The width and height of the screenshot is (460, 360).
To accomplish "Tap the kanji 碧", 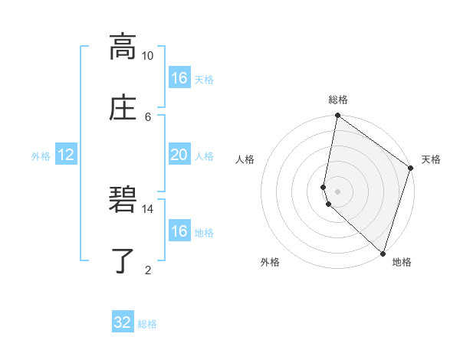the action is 123,200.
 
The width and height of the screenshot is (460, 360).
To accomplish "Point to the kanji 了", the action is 123,260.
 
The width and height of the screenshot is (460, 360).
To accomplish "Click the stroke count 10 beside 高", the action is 148,56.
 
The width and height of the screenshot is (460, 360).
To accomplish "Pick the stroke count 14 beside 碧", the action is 148,208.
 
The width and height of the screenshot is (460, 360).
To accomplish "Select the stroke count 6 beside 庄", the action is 148,116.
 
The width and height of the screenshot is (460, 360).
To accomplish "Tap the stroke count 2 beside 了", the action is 148,270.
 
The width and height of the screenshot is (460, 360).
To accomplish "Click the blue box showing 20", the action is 179,155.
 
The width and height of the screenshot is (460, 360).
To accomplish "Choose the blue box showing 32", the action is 123,322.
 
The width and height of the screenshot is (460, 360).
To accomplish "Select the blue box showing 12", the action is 66,155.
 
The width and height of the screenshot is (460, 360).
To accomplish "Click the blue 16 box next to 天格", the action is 179,78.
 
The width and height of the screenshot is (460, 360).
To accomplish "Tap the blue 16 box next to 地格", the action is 179,231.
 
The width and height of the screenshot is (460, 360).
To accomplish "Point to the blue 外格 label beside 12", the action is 41,155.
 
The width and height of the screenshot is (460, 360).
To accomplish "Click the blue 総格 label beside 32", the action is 147,323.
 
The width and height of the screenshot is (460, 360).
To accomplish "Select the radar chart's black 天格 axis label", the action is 431,159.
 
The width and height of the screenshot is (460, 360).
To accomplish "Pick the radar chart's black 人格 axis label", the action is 245,159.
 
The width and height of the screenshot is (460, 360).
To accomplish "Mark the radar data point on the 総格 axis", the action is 337,116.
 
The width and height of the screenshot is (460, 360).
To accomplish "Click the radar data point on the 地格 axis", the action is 383,253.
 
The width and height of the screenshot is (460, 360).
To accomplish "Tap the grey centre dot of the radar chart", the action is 337,191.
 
